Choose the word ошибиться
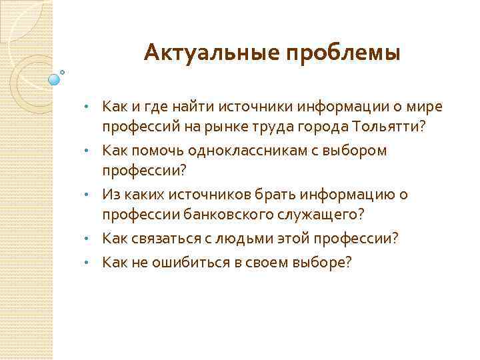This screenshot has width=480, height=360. [182, 261]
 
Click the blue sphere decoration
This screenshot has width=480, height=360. [54, 79]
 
